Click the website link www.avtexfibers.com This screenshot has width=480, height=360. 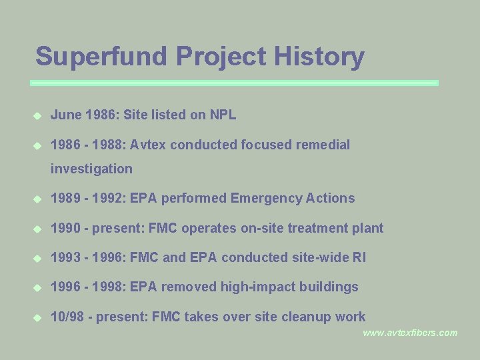[410, 333]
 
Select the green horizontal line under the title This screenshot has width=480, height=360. [234, 83]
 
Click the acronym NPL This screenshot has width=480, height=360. [223, 115]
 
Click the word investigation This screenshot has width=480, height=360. [91, 169]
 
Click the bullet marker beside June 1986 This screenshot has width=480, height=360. [38, 115]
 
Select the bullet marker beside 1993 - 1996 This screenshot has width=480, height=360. [38, 258]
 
